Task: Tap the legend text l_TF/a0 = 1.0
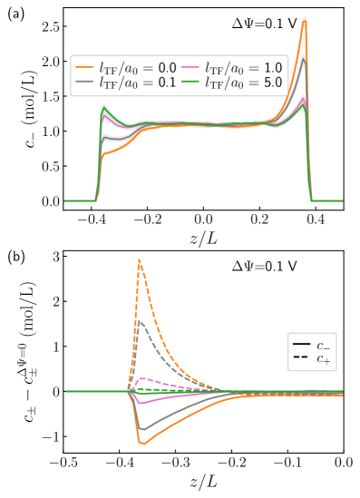(x=243, y=67)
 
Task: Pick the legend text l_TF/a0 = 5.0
(x=243, y=83)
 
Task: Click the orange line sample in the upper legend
(x=85, y=67)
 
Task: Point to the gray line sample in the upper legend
(x=85, y=83)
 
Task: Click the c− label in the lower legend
(x=323, y=345)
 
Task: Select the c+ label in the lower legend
(x=323, y=359)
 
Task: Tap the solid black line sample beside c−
(x=300, y=345)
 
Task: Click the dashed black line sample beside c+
(x=300, y=359)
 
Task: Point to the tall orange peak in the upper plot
(x=305, y=17)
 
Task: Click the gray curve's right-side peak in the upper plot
(x=306, y=56)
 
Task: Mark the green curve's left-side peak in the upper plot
(x=104, y=108)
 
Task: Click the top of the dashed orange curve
(x=139, y=259)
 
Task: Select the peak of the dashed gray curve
(x=139, y=320)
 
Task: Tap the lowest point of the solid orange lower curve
(x=141, y=444)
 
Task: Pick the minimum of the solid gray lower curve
(x=141, y=429)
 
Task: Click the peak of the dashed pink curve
(x=143, y=377)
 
